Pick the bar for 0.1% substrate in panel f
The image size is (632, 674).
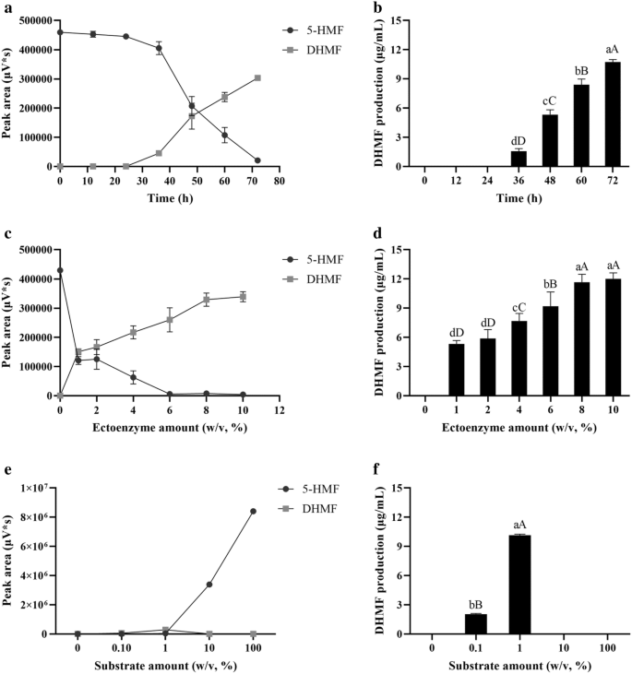point(475,624)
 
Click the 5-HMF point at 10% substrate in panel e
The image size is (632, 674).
point(209,585)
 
